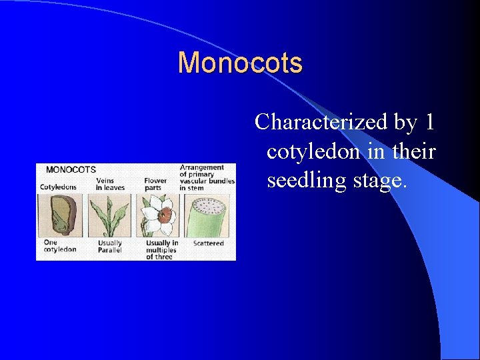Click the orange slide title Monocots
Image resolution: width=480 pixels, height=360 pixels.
[x=240, y=63]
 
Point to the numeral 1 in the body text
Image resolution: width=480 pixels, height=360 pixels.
[x=429, y=122]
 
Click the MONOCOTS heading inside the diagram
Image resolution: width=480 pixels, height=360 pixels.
[x=71, y=169]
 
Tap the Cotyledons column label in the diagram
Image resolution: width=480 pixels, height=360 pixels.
[x=59, y=187]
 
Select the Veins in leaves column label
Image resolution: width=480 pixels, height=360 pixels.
[x=111, y=183]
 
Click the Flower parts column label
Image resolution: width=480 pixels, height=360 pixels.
[x=155, y=183]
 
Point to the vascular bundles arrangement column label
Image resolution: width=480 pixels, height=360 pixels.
[x=207, y=177]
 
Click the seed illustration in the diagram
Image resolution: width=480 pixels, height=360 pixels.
[x=60, y=215]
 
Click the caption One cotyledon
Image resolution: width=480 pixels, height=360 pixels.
[x=60, y=246]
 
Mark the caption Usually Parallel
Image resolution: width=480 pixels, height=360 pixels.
[x=110, y=247]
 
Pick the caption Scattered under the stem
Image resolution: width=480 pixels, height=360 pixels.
[x=209, y=243]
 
